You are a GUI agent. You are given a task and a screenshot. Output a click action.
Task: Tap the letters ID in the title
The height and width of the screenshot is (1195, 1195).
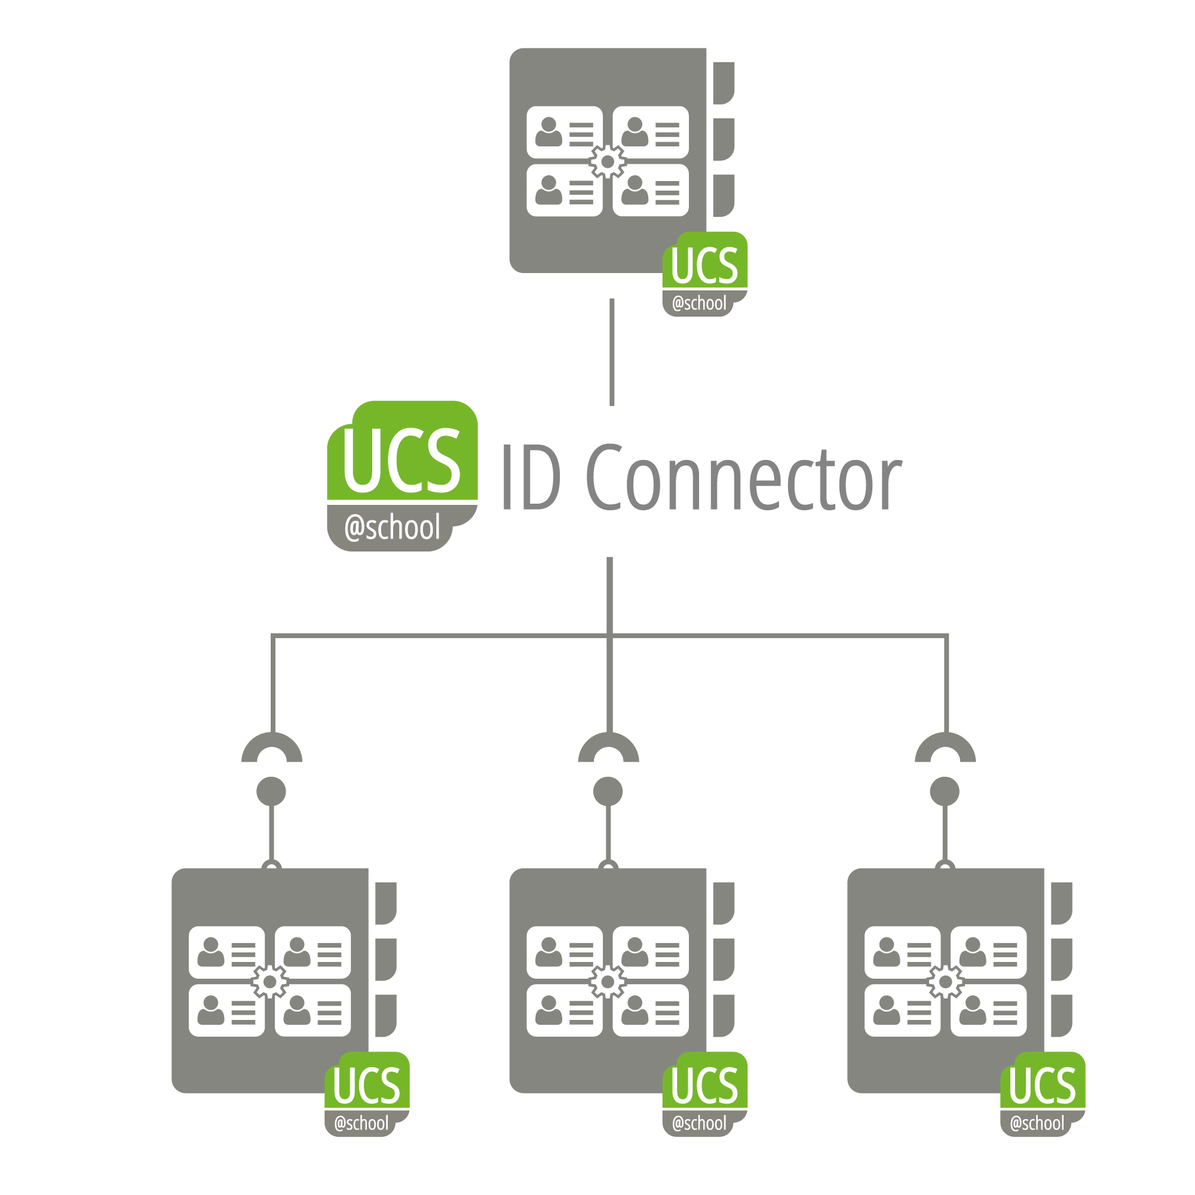click(531, 477)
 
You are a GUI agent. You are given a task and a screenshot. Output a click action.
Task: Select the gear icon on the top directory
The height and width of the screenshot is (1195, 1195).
click(608, 161)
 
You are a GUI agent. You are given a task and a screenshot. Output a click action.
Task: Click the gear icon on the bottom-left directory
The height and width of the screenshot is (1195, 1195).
click(269, 982)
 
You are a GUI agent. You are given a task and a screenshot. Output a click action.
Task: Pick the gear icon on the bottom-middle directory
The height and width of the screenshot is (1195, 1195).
click(608, 982)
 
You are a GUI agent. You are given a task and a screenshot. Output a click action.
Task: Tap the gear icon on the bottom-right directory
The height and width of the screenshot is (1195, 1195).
click(945, 982)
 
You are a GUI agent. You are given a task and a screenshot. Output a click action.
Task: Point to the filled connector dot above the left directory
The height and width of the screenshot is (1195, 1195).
click(271, 791)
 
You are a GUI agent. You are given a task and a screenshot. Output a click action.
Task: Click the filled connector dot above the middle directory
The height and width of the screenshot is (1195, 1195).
click(608, 791)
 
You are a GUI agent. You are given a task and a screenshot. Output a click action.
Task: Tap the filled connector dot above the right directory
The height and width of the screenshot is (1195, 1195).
click(945, 791)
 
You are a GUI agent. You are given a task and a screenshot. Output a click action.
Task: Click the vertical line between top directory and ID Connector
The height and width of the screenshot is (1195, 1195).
click(612, 352)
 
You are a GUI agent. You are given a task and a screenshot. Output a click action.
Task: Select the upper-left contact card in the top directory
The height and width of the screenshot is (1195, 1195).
click(564, 131)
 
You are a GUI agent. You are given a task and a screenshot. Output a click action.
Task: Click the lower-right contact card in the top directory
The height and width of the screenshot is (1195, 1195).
click(651, 190)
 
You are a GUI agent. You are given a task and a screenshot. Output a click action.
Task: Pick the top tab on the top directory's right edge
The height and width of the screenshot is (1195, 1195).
click(723, 83)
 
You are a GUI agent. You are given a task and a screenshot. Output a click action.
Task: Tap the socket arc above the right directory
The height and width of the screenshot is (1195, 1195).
click(945, 742)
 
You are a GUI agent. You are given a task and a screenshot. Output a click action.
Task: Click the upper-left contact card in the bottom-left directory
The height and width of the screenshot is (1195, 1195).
click(226, 952)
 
